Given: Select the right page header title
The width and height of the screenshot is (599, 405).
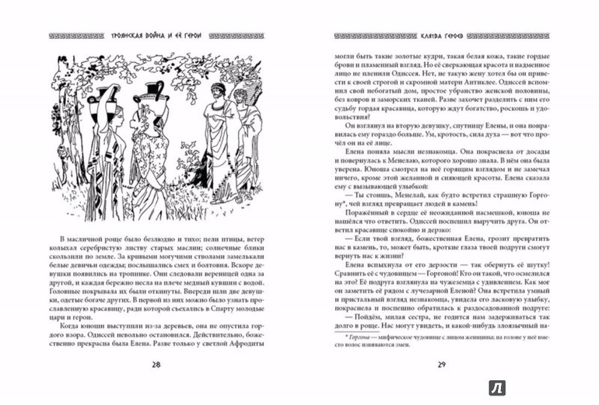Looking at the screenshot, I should point(440,34).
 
